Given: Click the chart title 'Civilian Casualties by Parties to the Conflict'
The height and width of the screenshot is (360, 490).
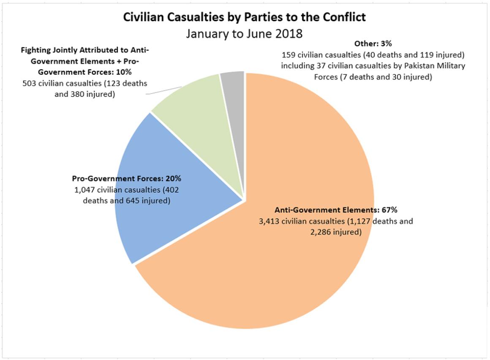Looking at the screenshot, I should pyautogui.click(x=245, y=17).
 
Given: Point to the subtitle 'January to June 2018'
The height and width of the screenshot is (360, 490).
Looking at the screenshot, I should pyautogui.click(x=245, y=33).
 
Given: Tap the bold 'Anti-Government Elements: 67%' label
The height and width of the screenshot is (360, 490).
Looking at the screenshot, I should pyautogui.click(x=336, y=210).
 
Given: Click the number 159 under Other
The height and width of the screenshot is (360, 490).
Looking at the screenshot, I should pyautogui.click(x=289, y=55).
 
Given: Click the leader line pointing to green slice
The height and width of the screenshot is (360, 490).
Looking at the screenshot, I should pyautogui.click(x=165, y=90).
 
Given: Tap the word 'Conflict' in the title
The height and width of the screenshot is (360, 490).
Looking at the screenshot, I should pyautogui.click(x=346, y=17).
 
